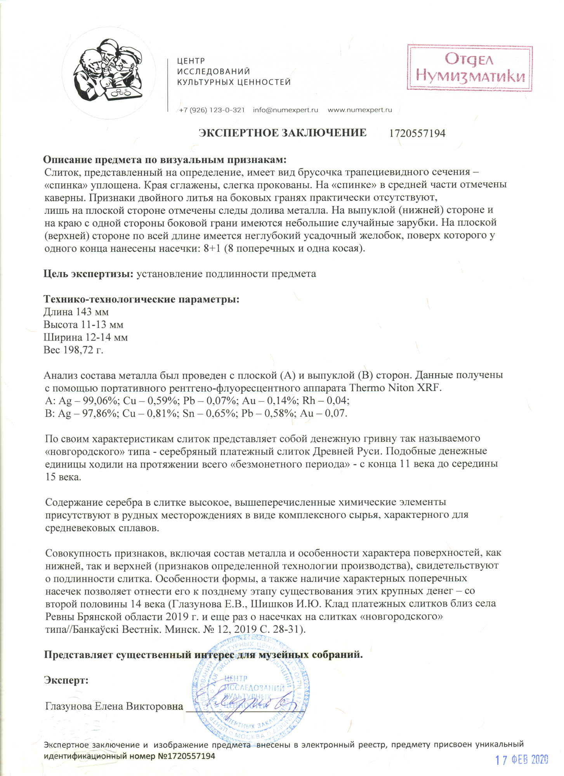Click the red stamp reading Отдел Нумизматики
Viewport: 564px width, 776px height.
pos(470,68)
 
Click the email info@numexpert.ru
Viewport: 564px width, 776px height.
pos(285,110)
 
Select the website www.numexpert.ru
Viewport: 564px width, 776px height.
pos(360,110)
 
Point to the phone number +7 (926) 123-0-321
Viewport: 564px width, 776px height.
pos(212,110)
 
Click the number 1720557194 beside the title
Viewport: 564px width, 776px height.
pos(417,133)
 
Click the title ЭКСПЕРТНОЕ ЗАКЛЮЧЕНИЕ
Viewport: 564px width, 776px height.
pos(283,133)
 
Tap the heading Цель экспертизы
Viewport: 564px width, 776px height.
pos(89,274)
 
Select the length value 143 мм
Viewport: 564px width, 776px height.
pos(92,312)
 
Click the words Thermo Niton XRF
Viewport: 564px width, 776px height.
pos(395,388)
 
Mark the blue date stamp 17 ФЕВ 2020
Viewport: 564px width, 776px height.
pos(522,760)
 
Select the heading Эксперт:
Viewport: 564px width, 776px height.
pos(66,681)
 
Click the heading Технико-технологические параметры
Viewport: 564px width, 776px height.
pos(141,299)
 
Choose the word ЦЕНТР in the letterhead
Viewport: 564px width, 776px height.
pos(191,61)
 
